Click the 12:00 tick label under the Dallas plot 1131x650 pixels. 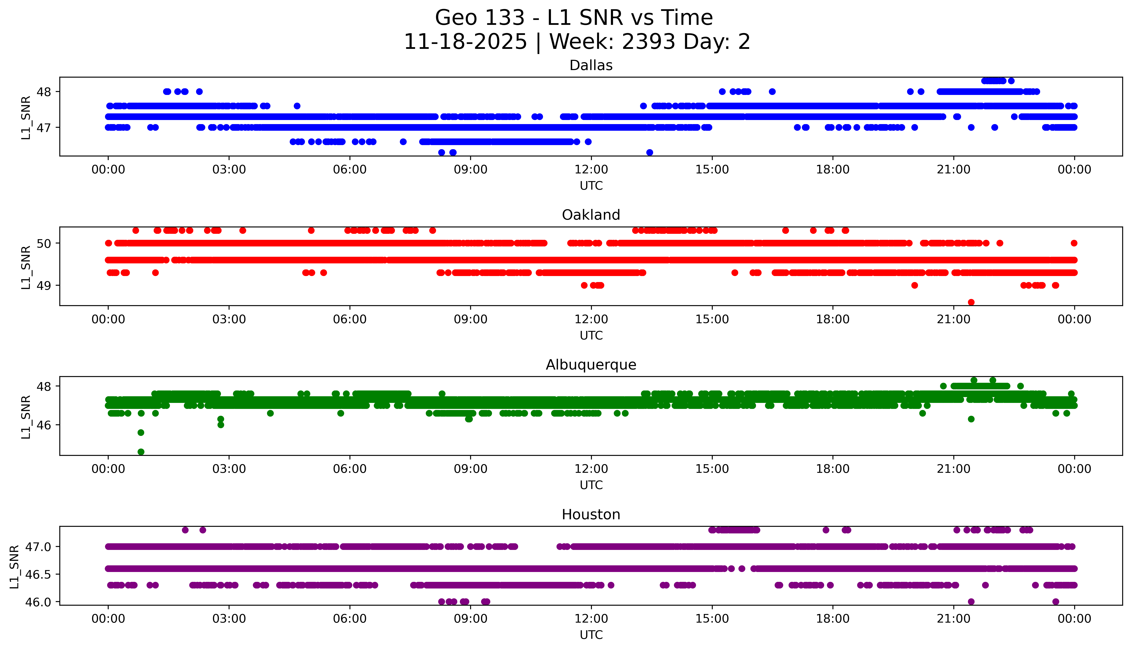(591, 170)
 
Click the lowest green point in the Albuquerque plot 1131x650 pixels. (141, 452)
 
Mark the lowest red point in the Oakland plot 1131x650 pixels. (971, 302)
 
